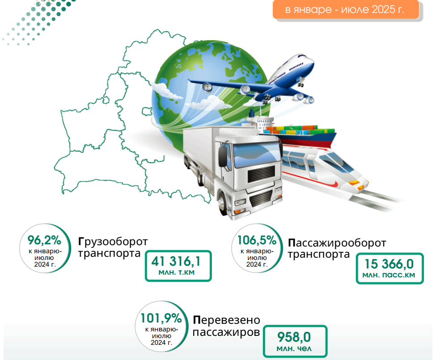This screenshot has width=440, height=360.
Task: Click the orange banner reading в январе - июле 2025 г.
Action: click(346, 9)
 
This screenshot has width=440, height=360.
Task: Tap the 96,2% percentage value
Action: click(44, 240)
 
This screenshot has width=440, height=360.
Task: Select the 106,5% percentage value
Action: click(257, 240)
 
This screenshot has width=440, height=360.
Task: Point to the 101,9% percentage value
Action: click(161, 318)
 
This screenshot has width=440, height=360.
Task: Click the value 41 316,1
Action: click(176, 262)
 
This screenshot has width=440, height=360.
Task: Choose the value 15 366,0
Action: click(389, 264)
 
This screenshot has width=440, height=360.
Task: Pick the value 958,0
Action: click(294, 337)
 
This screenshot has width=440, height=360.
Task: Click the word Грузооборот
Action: click(113, 241)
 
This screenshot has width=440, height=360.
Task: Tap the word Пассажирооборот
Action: click(337, 243)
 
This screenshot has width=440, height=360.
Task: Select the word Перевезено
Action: click(226, 320)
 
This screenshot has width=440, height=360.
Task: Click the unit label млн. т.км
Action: click(176, 272)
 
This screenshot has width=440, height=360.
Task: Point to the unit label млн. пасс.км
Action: click(389, 275)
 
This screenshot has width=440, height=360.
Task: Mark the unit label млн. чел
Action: click(294, 348)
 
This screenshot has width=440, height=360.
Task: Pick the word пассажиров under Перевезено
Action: click(226, 332)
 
